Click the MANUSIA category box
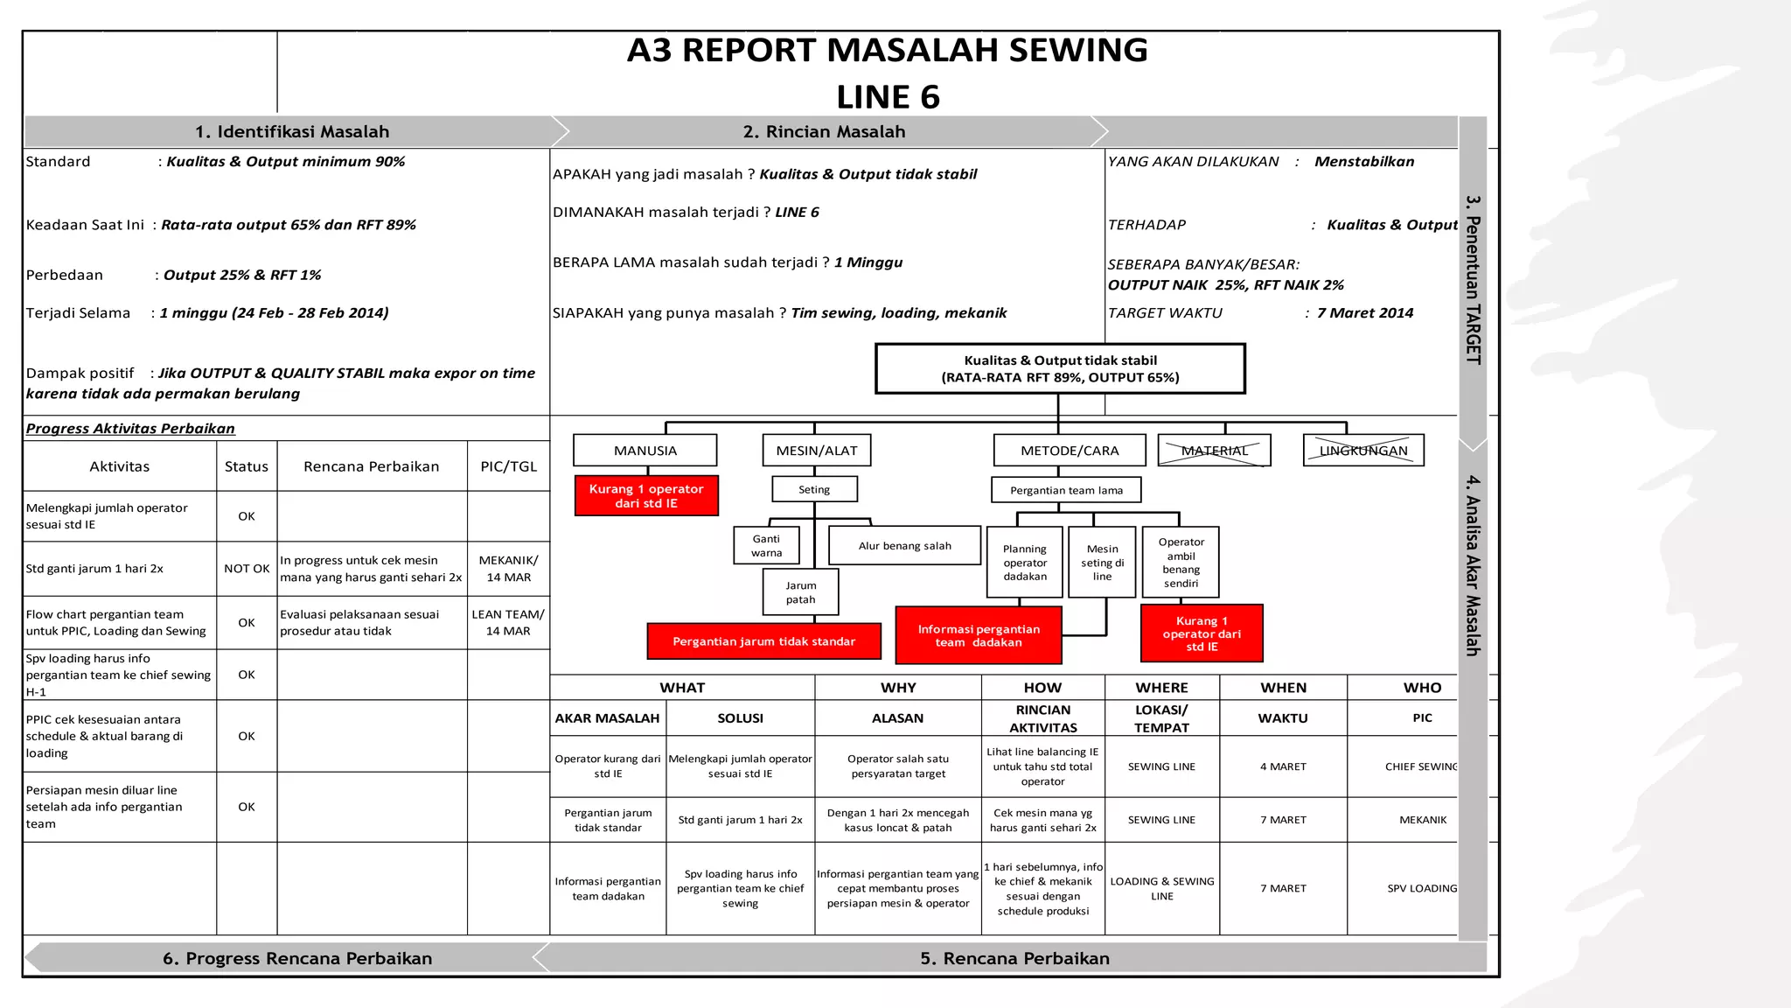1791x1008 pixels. pos(645,451)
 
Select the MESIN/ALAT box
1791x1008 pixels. pos(817,451)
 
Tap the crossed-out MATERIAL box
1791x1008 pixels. pos(1214,451)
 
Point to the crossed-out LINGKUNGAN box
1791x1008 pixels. pos(1363,451)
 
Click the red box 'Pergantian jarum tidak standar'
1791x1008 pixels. pos(763,641)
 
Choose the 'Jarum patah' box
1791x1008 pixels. pos(800,592)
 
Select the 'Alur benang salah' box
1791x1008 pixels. pos(904,546)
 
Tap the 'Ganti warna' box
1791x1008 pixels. pos(766,546)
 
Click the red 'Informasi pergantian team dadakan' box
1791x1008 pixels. pos(979,635)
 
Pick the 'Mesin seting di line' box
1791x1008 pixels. pos(1102,563)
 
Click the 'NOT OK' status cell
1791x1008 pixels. pos(247,569)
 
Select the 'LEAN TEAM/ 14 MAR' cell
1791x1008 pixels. pos(508,622)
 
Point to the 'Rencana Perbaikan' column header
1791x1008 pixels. pos(372,466)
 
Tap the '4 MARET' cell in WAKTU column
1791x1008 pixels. pos(1283,766)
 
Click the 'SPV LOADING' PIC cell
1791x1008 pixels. pos(1422,888)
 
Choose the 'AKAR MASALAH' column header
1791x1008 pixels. pos(607,718)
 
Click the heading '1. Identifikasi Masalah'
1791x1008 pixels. pos(292,132)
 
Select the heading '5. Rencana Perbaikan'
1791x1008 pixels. pos(1014,958)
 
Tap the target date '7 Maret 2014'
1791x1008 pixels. pos(1365,313)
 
